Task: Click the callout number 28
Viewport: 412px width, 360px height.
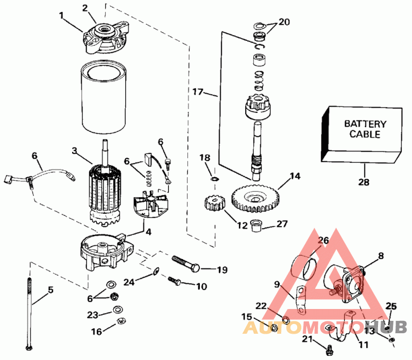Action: (x=365, y=182)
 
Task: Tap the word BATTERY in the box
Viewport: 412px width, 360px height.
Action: (x=365, y=124)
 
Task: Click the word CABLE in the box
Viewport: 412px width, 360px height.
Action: (x=365, y=134)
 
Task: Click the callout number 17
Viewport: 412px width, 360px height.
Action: (x=199, y=93)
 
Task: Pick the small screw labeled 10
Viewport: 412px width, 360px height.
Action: (x=174, y=281)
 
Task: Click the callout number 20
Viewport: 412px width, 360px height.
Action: (x=284, y=22)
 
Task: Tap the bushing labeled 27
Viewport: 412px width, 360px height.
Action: (x=256, y=226)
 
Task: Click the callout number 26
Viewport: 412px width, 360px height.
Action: (x=323, y=240)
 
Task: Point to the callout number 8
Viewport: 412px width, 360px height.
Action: (x=381, y=254)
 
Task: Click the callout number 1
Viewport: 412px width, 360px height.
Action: (x=62, y=16)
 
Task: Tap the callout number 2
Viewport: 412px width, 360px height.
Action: (x=85, y=8)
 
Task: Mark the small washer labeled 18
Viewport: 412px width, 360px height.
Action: (x=214, y=179)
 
